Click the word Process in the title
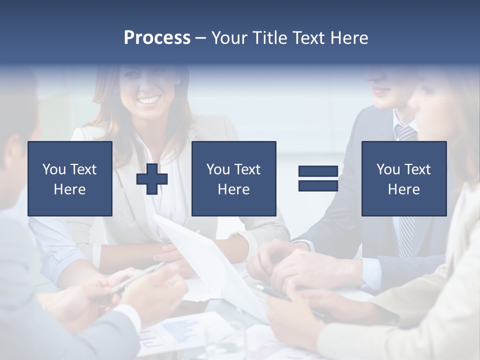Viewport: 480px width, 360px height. point(157,38)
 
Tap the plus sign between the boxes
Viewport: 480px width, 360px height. point(152,179)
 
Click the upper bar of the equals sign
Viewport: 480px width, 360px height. point(318,171)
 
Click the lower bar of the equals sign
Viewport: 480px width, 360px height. point(318,185)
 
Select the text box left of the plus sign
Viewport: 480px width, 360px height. point(70,178)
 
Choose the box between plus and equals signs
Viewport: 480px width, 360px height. point(233,178)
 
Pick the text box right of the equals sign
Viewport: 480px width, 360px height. point(403,178)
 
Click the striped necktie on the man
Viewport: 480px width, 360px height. point(406,200)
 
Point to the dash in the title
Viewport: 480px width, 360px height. point(200,38)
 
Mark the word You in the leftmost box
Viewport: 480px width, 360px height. point(53,169)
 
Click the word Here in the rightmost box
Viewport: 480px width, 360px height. point(403,189)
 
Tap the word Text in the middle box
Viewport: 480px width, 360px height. point(247,169)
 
